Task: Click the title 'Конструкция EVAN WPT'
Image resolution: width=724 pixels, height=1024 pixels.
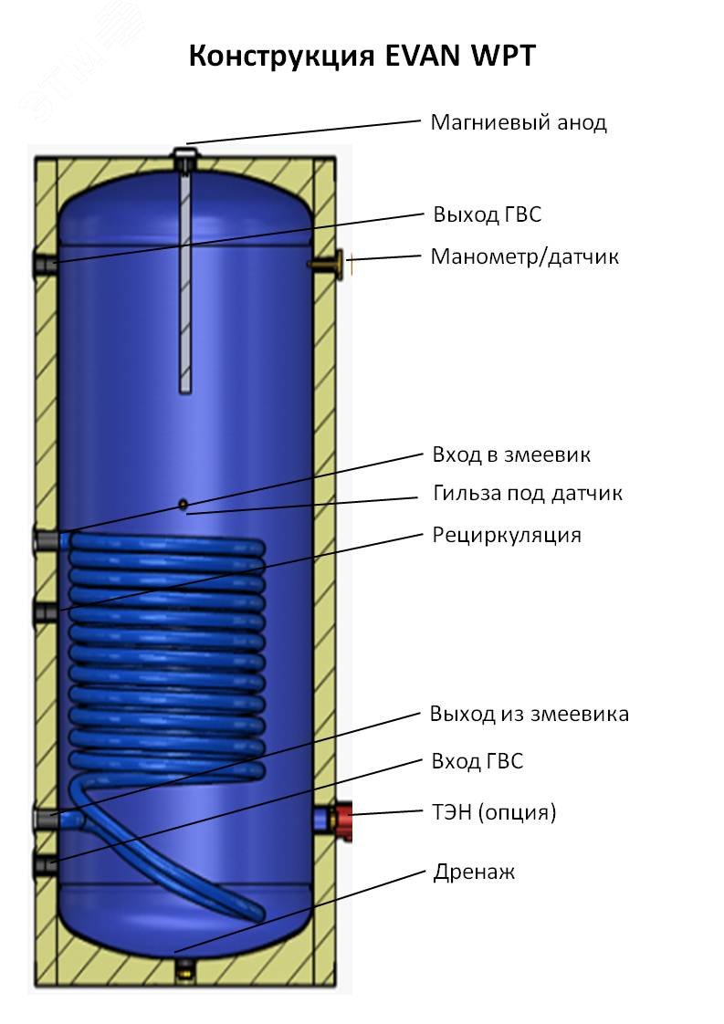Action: [362, 57]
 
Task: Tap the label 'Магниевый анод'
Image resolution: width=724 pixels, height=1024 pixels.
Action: [518, 122]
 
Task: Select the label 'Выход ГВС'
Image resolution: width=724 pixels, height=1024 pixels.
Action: [488, 214]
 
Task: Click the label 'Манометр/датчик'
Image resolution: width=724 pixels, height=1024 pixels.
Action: [524, 256]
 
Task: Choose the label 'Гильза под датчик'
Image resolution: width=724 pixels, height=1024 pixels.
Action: [527, 494]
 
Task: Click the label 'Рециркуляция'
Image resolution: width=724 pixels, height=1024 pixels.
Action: [506, 535]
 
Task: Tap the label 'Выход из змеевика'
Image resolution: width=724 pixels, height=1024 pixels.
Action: [529, 714]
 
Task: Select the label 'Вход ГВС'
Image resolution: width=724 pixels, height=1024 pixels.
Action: [477, 761]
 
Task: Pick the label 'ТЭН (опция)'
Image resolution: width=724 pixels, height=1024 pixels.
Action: [493, 811]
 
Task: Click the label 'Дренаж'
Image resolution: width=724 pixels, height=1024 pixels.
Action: [473, 872]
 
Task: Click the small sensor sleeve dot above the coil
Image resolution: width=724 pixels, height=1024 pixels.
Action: [183, 504]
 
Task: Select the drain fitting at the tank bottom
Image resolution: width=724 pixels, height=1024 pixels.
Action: [185, 966]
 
